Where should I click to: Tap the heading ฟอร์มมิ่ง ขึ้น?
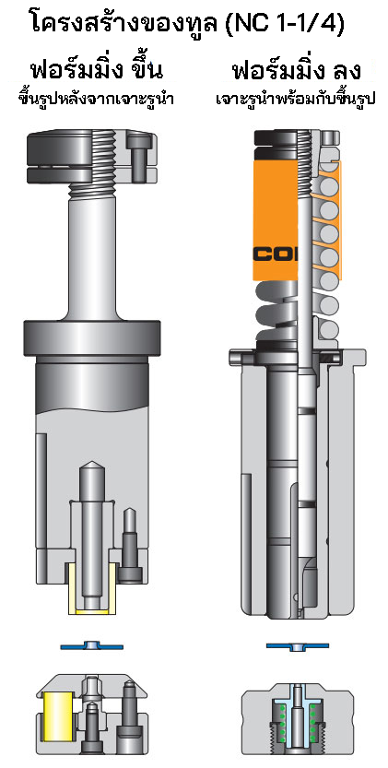(89, 70)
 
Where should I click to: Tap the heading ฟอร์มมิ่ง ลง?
(296, 70)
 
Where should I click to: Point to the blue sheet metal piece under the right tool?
(297, 643)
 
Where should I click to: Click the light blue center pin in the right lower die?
(297, 710)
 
